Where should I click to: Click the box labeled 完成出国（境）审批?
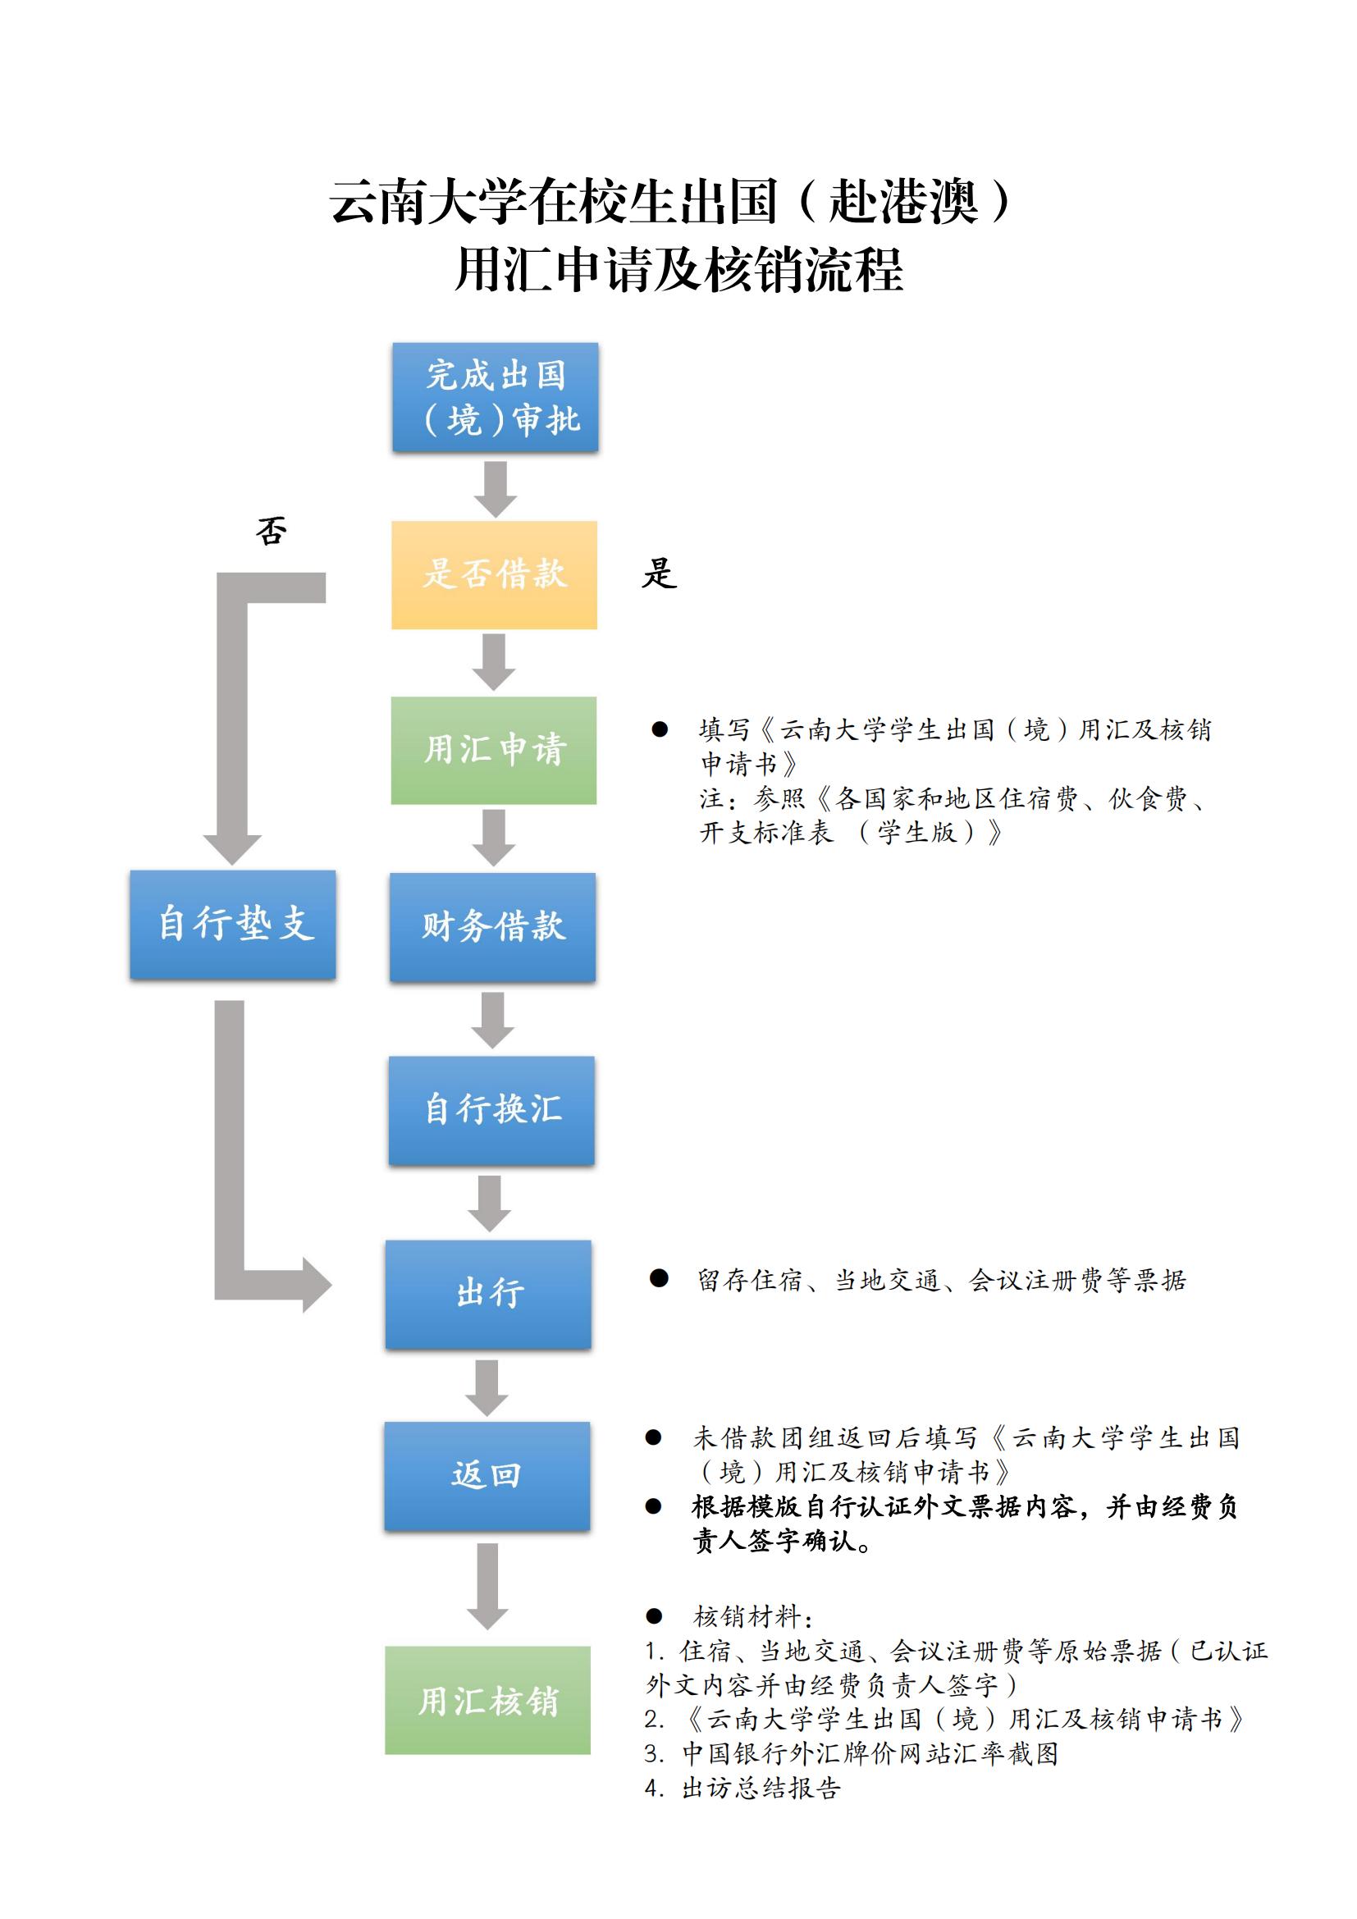(496, 397)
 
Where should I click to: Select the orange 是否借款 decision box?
(495, 575)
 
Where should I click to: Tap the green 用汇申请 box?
(494, 751)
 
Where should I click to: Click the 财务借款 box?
(493, 927)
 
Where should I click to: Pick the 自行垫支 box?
(233, 925)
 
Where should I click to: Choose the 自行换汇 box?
(491, 1111)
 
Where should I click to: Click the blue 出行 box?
(489, 1294)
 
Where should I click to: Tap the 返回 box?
(487, 1476)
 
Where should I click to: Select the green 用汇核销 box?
(488, 1700)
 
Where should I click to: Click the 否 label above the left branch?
(272, 531)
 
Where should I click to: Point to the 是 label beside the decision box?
(660, 573)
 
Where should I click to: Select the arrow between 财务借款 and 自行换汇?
(493, 1021)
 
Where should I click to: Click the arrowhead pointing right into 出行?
(317, 1285)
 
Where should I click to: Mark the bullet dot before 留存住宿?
(660, 1278)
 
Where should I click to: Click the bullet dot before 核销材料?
(654, 1616)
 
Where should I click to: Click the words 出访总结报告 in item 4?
(761, 1788)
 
